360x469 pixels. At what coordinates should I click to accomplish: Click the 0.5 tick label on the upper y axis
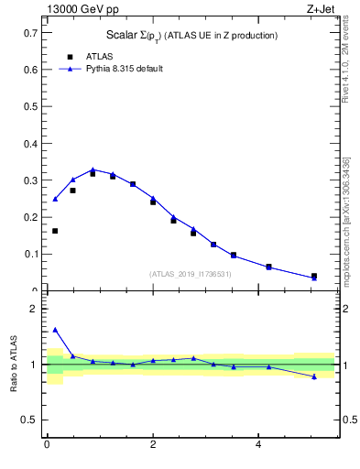(x=31, y=106)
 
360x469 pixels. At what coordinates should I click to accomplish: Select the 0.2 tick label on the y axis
(x=31, y=217)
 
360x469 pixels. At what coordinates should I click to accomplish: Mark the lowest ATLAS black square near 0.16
(x=55, y=231)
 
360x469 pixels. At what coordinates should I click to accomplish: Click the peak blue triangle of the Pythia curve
(x=93, y=169)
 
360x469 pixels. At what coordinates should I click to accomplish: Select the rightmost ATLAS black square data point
(x=314, y=276)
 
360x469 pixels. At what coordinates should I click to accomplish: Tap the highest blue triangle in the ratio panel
(x=55, y=330)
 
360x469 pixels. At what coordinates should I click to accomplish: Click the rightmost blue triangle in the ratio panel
(x=314, y=376)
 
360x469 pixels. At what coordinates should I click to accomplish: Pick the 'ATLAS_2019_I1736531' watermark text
(x=191, y=274)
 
